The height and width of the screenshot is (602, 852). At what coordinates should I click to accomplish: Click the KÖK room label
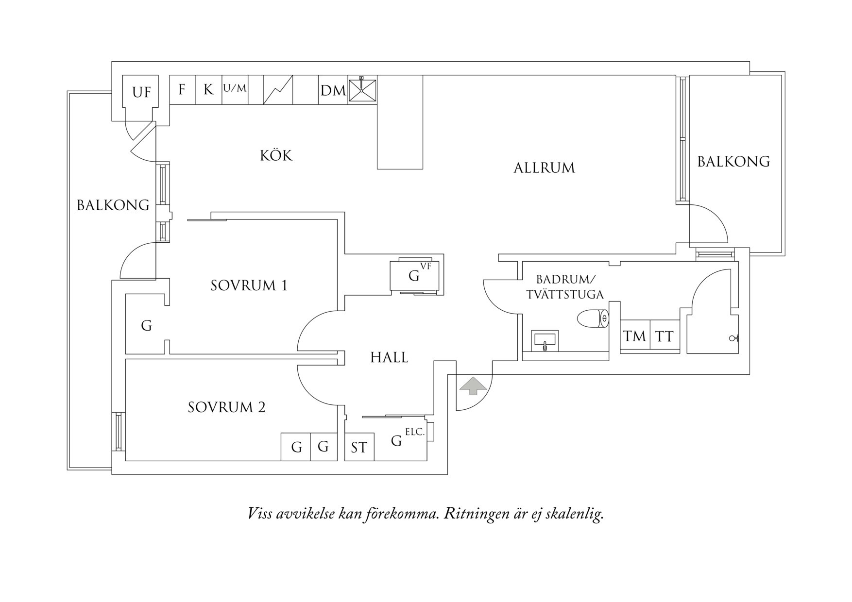tap(276, 155)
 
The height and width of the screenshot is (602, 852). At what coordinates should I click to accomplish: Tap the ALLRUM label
tap(544, 168)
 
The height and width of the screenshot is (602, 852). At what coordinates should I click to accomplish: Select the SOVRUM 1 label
tap(249, 285)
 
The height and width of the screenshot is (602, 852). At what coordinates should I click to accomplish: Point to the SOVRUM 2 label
tap(226, 407)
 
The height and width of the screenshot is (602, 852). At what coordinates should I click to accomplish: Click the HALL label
tap(389, 358)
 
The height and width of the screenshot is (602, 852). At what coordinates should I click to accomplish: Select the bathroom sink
tap(545, 341)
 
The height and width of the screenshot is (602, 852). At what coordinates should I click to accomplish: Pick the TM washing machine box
tap(635, 336)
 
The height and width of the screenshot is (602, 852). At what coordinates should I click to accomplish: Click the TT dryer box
tap(665, 336)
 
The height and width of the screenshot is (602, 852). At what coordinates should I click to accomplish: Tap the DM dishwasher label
tap(333, 90)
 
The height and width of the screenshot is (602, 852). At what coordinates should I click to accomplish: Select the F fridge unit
tap(183, 89)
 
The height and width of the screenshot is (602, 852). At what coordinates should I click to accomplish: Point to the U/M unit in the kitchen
tap(235, 89)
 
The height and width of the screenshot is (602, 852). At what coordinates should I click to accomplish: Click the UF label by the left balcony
tap(141, 92)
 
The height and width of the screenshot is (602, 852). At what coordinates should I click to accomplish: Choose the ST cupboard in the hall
tap(359, 447)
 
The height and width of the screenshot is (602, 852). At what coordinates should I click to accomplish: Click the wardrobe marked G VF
tap(417, 275)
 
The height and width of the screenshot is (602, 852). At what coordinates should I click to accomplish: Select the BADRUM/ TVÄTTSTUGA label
tap(565, 287)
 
